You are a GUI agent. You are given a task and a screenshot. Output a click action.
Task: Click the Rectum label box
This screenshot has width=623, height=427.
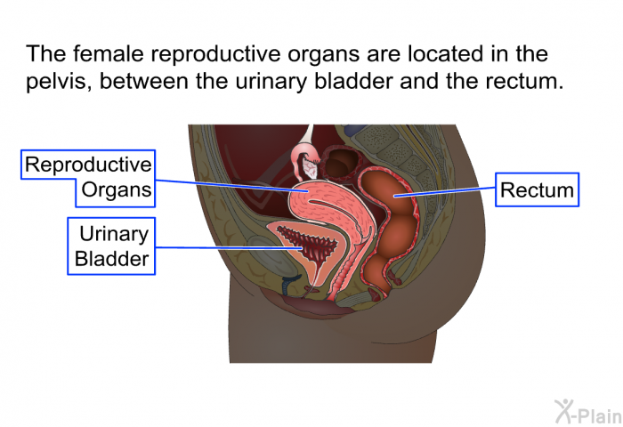[537, 189]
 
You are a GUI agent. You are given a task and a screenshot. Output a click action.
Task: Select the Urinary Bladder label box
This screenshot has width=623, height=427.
[111, 246]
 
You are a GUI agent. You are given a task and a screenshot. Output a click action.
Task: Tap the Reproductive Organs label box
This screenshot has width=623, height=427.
[88, 178]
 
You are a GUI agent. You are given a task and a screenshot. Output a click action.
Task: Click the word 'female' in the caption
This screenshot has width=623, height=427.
[108, 53]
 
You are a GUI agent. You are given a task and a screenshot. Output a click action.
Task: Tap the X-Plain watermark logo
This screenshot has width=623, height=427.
[588, 411]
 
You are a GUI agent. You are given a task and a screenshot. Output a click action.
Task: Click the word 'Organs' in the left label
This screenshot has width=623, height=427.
[117, 189]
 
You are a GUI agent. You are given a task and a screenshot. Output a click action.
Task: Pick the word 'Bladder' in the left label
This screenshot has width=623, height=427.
[111, 259]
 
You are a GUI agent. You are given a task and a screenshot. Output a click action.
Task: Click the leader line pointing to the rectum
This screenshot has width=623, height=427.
[445, 191]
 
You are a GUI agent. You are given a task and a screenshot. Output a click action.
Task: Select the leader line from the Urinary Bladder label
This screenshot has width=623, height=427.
[230, 248]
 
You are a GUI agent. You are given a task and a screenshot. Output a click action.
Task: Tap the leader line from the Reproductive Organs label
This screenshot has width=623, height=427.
[231, 186]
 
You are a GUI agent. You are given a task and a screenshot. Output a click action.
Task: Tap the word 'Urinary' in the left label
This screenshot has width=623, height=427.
[114, 234]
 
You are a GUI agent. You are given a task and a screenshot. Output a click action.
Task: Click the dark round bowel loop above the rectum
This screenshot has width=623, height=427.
[341, 163]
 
